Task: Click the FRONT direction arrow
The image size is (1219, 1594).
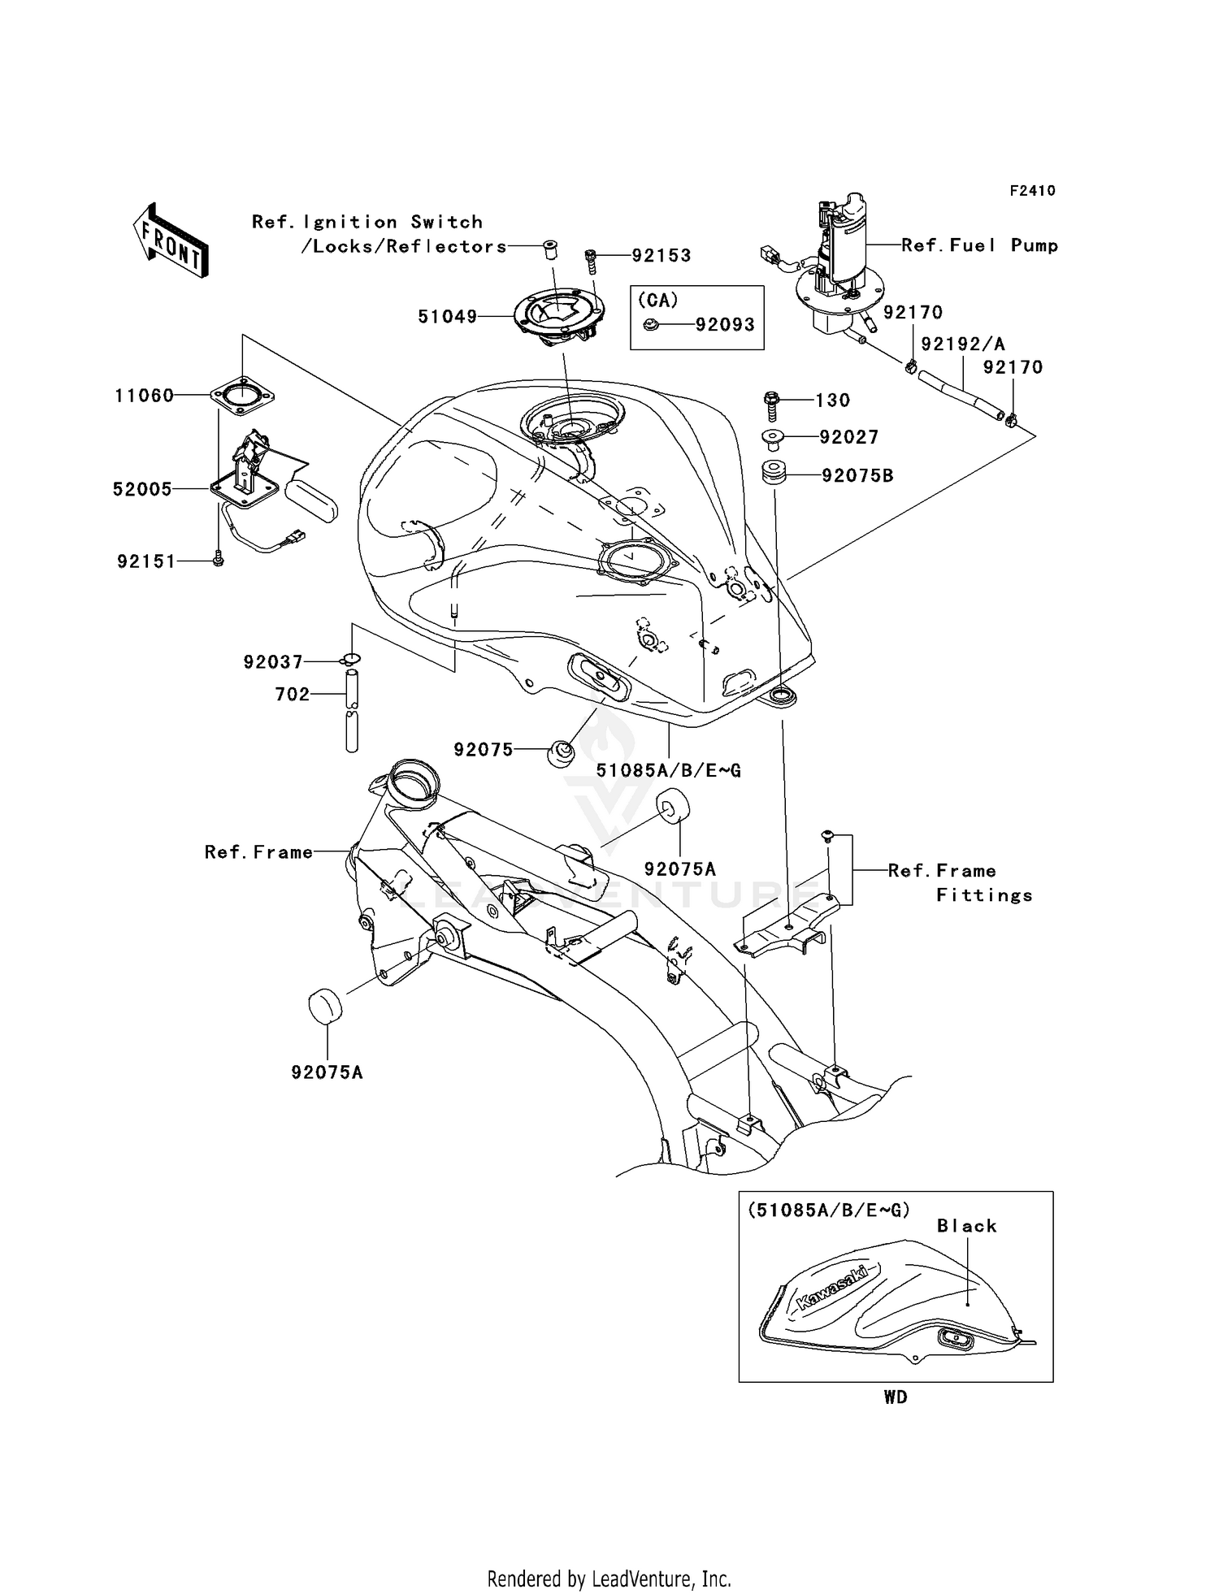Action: (x=171, y=241)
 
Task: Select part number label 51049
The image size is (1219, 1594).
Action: (x=448, y=317)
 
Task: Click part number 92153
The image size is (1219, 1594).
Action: (x=662, y=255)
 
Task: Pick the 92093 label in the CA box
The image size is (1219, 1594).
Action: (x=725, y=324)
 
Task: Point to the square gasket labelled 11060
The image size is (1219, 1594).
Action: (x=242, y=396)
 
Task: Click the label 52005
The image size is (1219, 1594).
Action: (x=142, y=489)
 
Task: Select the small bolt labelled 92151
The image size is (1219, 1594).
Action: (x=218, y=560)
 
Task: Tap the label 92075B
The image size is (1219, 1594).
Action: (x=857, y=476)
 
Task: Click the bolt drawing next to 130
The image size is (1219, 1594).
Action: (x=771, y=402)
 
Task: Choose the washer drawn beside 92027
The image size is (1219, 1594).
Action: (x=771, y=440)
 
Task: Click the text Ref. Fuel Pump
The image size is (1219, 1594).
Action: (x=979, y=245)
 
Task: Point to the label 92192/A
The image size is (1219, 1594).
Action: (x=963, y=344)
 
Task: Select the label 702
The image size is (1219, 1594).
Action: (x=293, y=694)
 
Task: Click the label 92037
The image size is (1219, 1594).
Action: (x=273, y=662)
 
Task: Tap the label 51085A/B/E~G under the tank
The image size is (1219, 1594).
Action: (x=669, y=770)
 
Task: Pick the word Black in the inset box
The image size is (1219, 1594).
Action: (x=966, y=1226)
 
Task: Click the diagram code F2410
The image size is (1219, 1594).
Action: (x=1032, y=191)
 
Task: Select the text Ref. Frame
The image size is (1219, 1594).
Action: (x=258, y=852)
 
